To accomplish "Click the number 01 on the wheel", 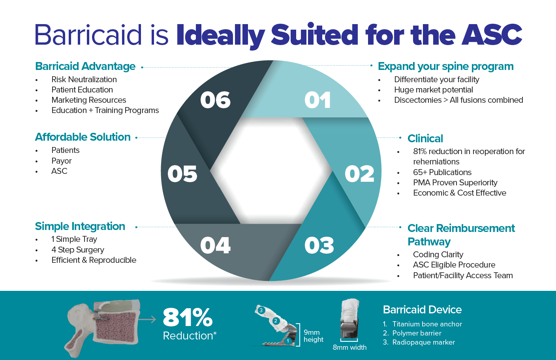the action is (x=318, y=100).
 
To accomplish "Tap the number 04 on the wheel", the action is (x=215, y=245).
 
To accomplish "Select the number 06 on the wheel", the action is (x=215, y=100).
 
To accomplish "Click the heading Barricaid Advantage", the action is (x=85, y=66).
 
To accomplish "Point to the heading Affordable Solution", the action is (x=83, y=137).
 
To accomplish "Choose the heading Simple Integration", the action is (x=80, y=226).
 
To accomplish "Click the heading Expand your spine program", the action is (x=445, y=66).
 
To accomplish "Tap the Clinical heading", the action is (x=425, y=139).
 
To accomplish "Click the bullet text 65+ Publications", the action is (x=442, y=172).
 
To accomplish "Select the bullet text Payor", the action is (x=62, y=161).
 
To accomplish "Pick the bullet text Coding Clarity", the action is (x=438, y=254).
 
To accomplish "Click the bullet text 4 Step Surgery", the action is (x=78, y=250).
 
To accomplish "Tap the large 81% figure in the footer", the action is (x=188, y=317).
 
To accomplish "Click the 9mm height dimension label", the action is (x=313, y=336).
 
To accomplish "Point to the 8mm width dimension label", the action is (x=349, y=347).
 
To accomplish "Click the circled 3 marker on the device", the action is (x=261, y=310).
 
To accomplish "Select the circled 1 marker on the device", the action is (x=288, y=341).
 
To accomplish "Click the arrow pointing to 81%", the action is (x=147, y=319).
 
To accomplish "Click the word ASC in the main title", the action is (x=492, y=34).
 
